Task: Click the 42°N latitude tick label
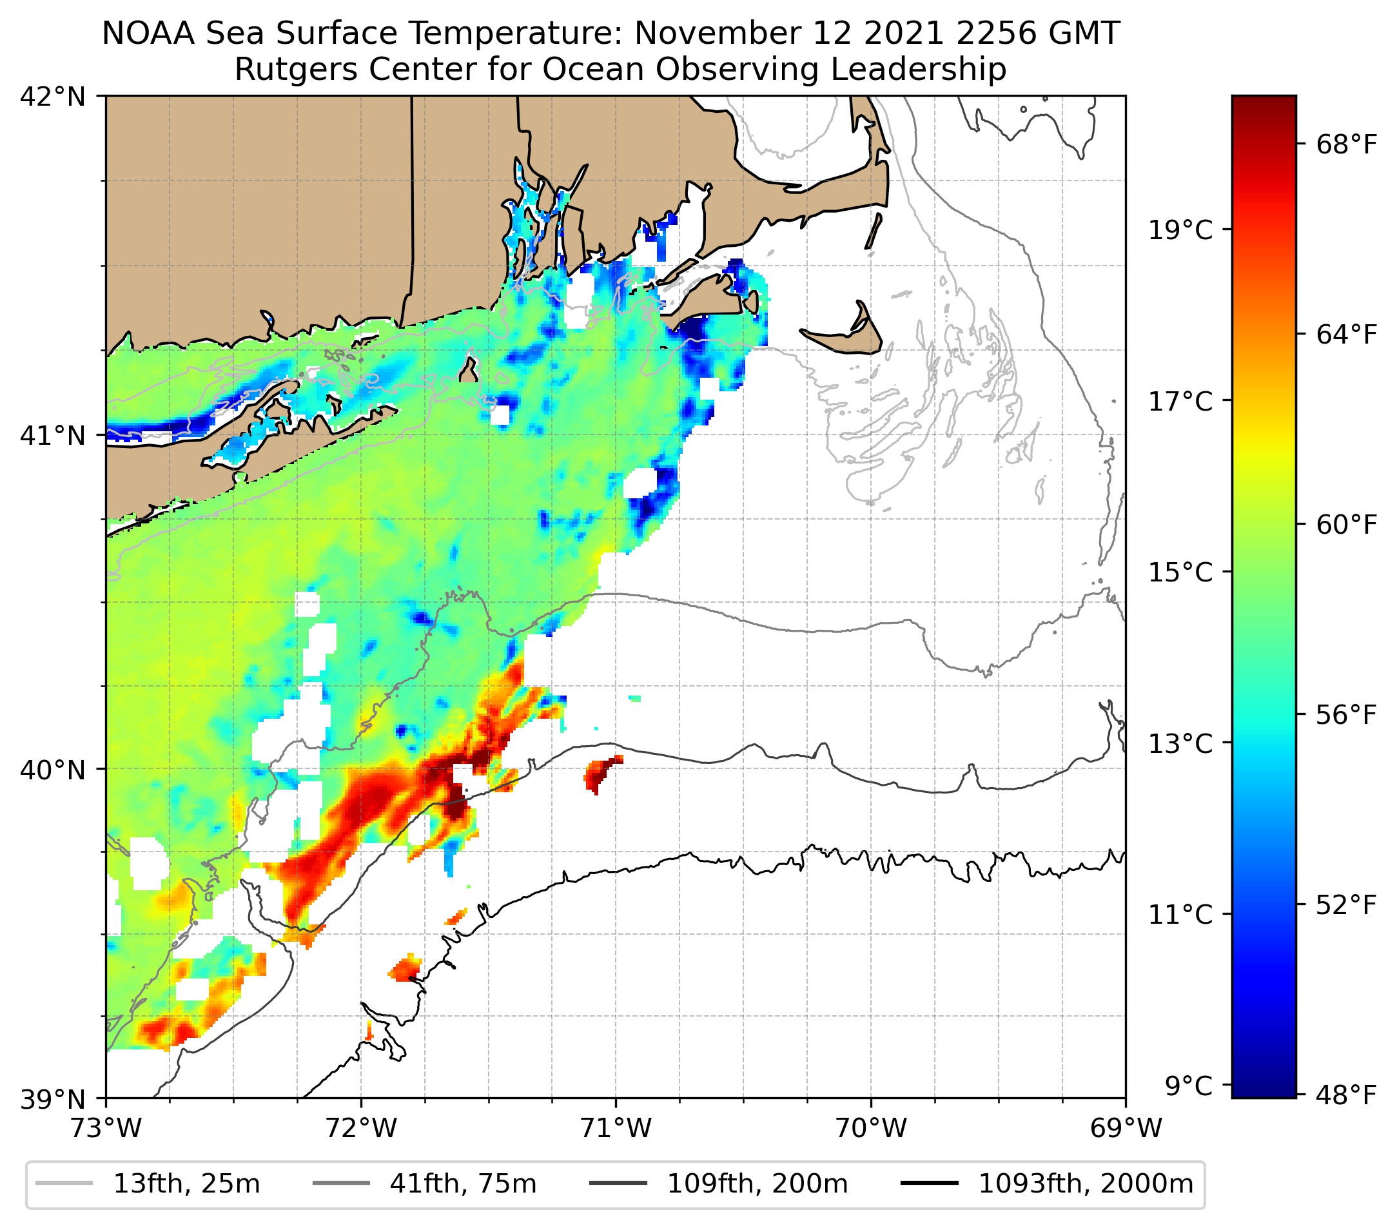(53, 97)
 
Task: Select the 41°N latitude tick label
(53, 435)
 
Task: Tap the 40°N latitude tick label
(53, 770)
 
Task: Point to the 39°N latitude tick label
(53, 1100)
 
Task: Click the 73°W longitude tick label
(106, 1128)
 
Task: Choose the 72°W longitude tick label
(361, 1128)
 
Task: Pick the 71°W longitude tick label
(616, 1128)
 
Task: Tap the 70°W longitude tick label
(871, 1128)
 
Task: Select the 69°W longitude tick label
(1126, 1128)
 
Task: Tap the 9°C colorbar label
(1189, 1085)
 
